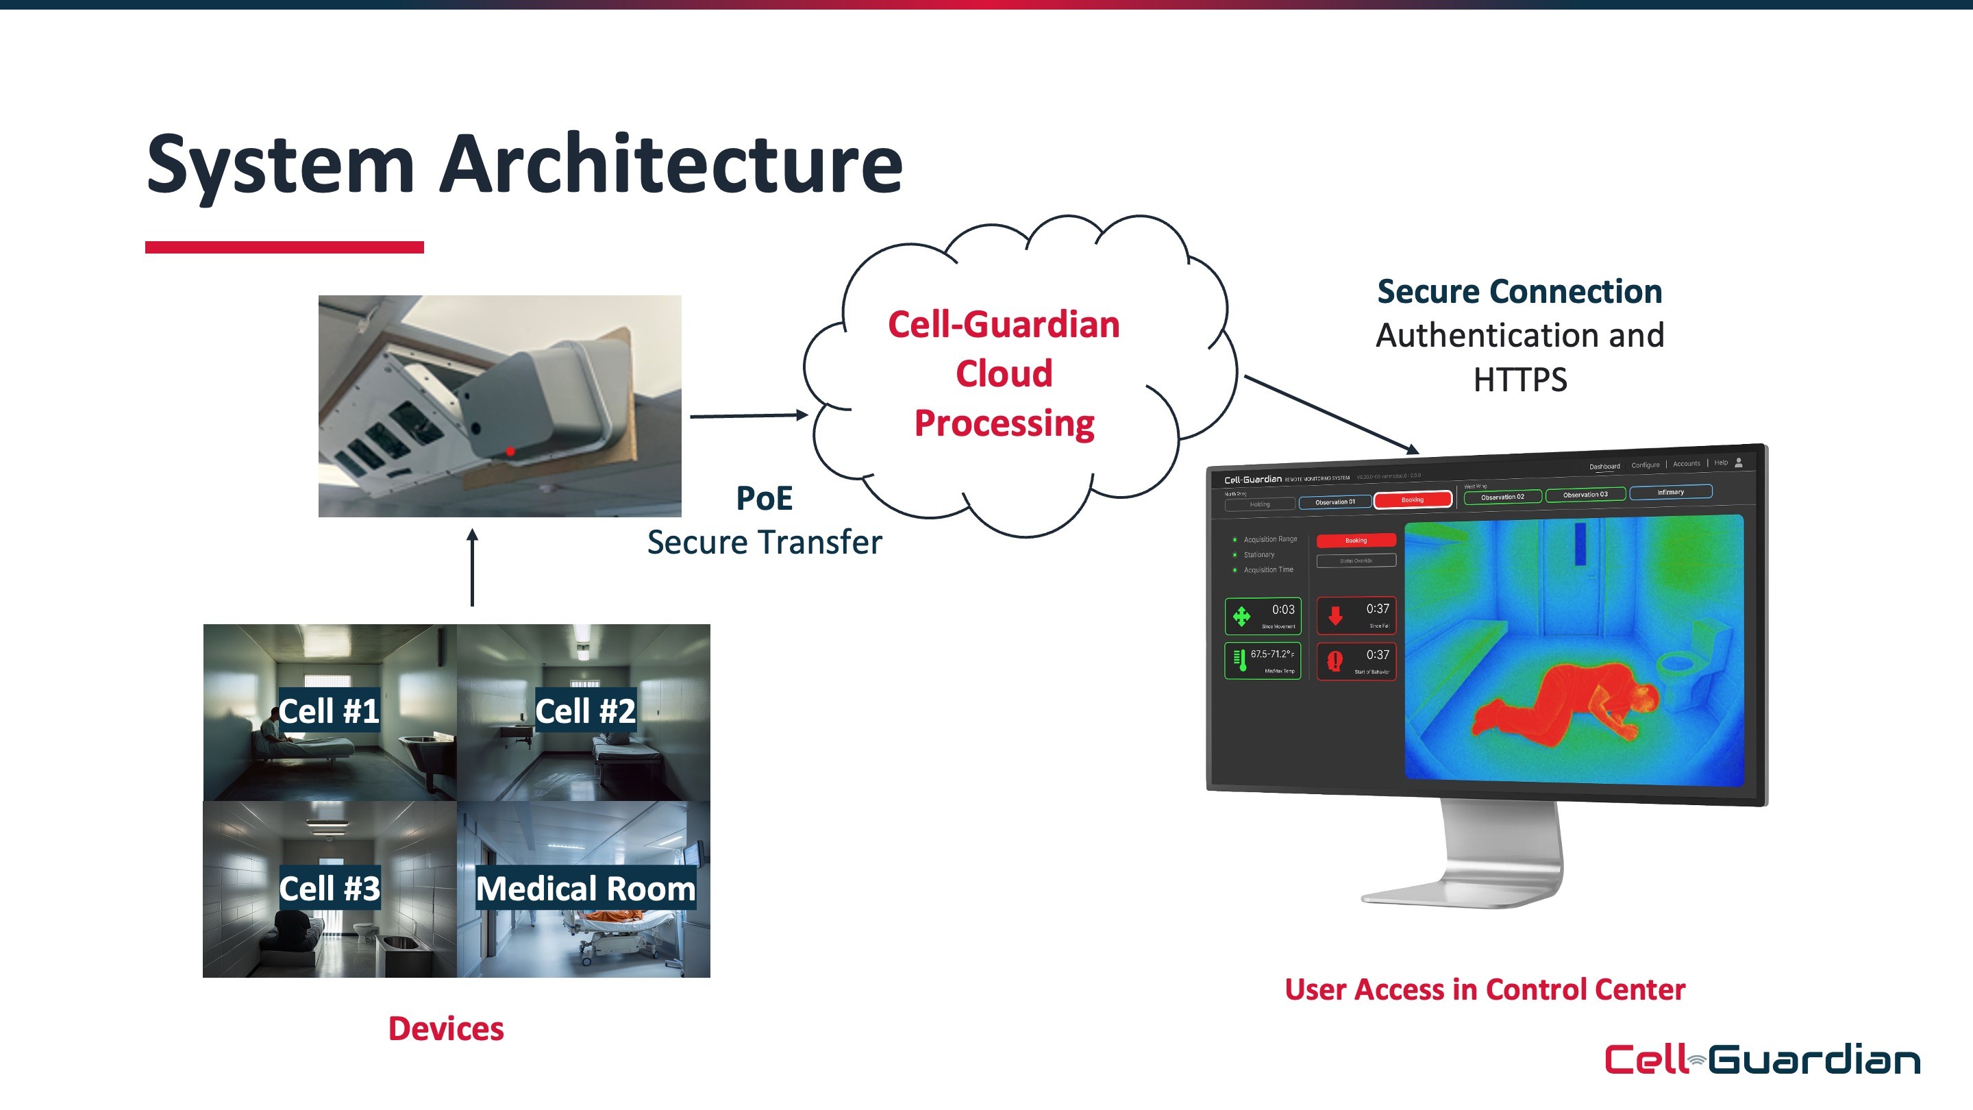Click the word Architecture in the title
click(x=671, y=164)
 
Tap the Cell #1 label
click(x=329, y=711)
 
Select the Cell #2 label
click(x=585, y=711)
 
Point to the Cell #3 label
click(x=330, y=889)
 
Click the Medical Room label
click(x=586, y=889)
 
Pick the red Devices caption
click(x=446, y=1028)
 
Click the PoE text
click(x=764, y=498)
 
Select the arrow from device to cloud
click(x=748, y=416)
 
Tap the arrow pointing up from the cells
click(x=473, y=567)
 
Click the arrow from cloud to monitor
click(x=1331, y=414)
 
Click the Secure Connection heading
click(x=1519, y=292)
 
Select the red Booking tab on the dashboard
click(x=1413, y=500)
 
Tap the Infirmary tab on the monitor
click(x=1670, y=493)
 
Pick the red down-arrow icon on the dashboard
click(x=1335, y=616)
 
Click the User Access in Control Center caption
click(x=1485, y=989)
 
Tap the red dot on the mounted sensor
click(x=510, y=452)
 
